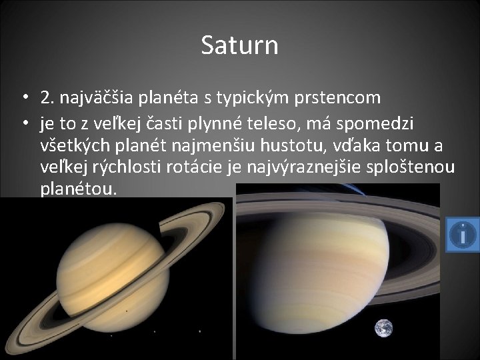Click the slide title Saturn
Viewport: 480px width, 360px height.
pos(239,46)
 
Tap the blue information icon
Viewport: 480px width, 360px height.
pos(462,234)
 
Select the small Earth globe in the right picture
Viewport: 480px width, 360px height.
pos(383,328)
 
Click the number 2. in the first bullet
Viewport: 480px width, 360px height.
pos(47,99)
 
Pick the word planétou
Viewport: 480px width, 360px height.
pos(79,189)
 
